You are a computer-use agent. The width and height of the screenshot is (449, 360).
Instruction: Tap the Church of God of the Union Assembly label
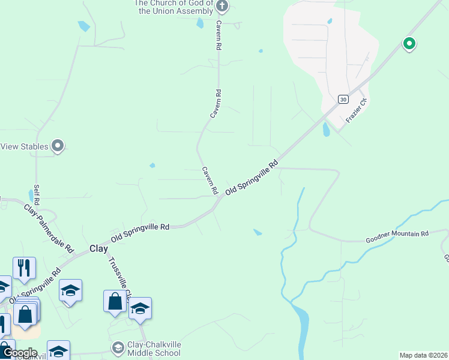tap(174, 7)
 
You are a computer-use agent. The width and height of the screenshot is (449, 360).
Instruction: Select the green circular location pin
tap(409, 43)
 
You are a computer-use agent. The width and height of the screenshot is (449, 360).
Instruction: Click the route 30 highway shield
tap(342, 99)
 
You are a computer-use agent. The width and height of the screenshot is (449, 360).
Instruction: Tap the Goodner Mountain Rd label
tap(397, 236)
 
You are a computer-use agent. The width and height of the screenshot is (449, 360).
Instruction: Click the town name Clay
tap(98, 248)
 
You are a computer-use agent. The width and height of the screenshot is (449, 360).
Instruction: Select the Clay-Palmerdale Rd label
tap(48, 229)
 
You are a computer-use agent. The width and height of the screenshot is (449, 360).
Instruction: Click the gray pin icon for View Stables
tap(58, 146)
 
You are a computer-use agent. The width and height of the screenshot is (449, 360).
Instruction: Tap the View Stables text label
tap(24, 146)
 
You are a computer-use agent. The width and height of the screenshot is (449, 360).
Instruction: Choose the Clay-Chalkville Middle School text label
tap(154, 349)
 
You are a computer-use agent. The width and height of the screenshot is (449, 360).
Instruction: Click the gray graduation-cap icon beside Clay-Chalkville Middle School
tap(118, 347)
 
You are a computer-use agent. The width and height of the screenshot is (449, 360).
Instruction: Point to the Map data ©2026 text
tap(423, 355)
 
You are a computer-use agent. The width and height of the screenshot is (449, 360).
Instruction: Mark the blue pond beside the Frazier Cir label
tap(326, 129)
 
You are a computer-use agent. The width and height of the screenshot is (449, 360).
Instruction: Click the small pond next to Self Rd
tap(31, 196)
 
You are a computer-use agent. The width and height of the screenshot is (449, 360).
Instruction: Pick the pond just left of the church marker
tap(200, 23)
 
